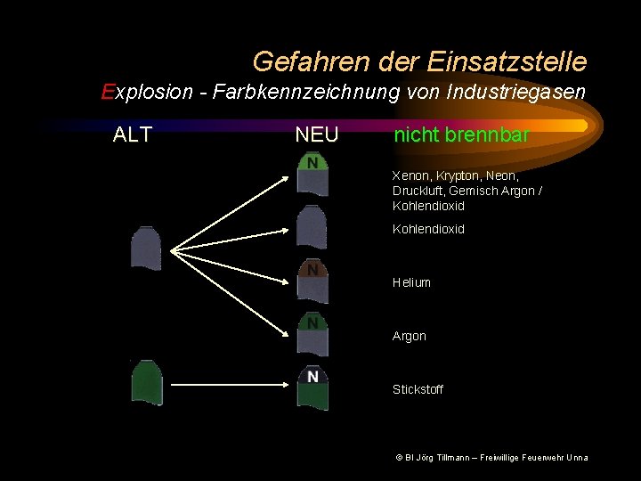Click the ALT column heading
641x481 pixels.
coord(133,135)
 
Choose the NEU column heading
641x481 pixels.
coord(317,135)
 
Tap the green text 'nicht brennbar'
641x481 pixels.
coord(461,135)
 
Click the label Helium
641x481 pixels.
coord(411,282)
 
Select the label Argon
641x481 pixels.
coord(410,336)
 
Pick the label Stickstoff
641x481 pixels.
coord(418,389)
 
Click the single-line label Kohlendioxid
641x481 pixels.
coord(428,229)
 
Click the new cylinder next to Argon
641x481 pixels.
coord(312,334)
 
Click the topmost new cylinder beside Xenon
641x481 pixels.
coord(312,174)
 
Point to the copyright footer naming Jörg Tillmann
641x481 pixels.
coord(491,458)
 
